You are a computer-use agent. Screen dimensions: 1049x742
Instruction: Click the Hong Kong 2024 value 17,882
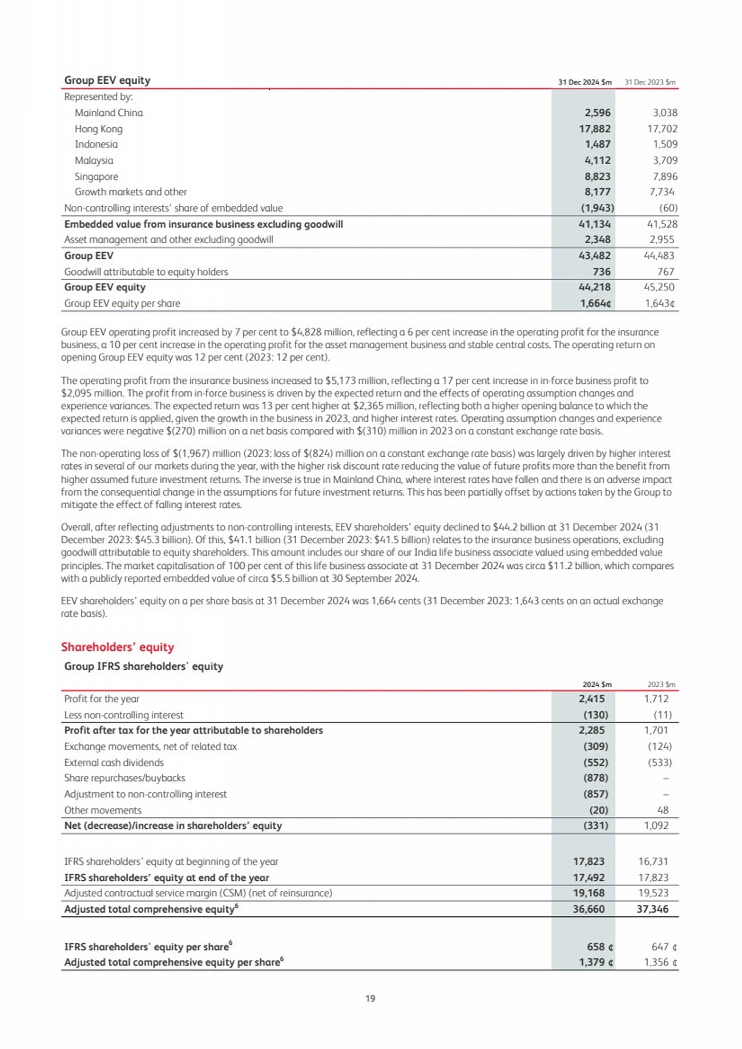coord(594,129)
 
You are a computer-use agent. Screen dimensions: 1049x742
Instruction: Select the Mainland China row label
coord(108,113)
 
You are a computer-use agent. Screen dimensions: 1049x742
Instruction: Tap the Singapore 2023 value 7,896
coord(662,177)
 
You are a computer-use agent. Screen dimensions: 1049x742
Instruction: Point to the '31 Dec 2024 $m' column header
coord(584,82)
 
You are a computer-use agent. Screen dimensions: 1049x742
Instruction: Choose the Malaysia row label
coord(94,161)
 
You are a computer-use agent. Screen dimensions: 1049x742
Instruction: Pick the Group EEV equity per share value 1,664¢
coord(595,303)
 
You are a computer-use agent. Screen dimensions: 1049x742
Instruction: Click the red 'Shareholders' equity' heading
coord(117,647)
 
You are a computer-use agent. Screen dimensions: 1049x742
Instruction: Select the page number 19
coord(370,998)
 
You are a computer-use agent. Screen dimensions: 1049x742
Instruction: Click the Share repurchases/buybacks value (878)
coord(595,778)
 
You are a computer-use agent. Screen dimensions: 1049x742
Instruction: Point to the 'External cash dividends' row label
coord(114,763)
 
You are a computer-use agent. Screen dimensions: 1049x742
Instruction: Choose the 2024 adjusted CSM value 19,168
coord(588,893)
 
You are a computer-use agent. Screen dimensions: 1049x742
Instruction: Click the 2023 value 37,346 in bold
coord(652,909)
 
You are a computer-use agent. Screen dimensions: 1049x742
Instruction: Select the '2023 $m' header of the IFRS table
coord(661,684)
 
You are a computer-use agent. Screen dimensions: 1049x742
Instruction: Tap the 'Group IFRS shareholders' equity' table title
coord(143,666)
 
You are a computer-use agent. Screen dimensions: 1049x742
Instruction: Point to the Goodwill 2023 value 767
coord(666,272)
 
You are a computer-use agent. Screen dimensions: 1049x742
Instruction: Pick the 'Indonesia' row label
coord(96,145)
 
